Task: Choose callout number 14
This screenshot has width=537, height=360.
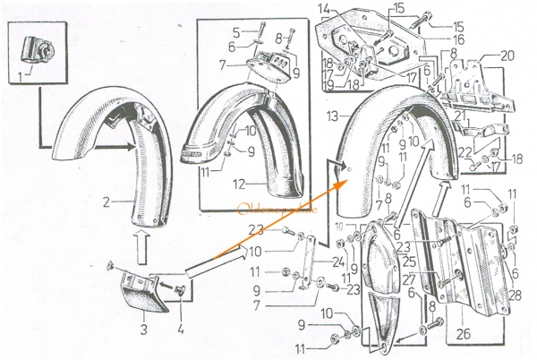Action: [x=325, y=10]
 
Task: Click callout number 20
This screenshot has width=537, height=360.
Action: [x=508, y=55]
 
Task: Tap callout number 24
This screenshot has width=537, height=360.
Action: [x=337, y=262]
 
